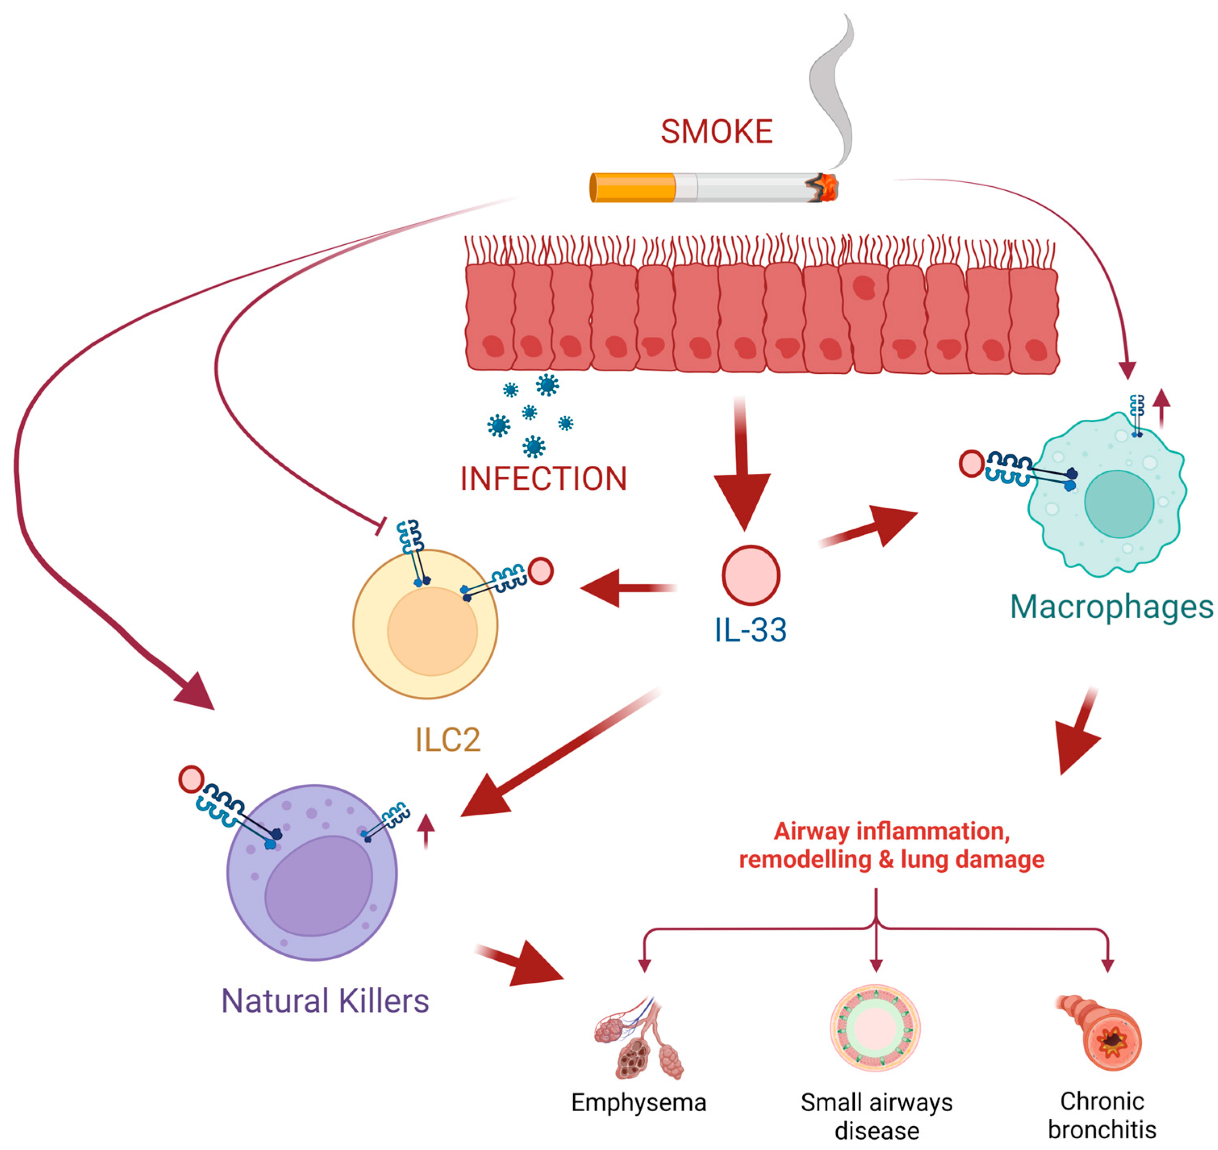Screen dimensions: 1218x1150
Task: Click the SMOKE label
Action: (716, 131)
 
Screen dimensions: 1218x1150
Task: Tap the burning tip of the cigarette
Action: (826, 187)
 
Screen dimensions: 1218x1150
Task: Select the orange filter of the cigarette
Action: (632, 187)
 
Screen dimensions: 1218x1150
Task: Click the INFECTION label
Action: (544, 479)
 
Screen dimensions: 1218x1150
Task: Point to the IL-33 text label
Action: (750, 629)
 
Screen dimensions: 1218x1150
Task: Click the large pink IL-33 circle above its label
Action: (750, 575)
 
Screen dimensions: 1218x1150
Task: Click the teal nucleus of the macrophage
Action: (1119, 504)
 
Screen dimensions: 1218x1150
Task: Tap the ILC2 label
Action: (448, 740)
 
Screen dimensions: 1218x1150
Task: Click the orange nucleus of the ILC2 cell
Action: (432, 631)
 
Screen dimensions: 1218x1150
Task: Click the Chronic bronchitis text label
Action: (1102, 1115)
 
